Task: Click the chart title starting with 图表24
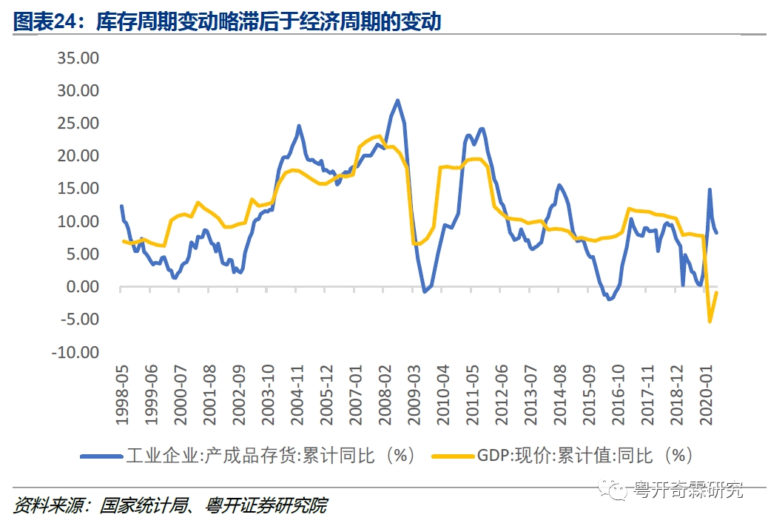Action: [x=227, y=21]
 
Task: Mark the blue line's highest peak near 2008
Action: [x=397, y=100]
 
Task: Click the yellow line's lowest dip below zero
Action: [x=710, y=321]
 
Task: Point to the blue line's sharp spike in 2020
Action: [x=710, y=190]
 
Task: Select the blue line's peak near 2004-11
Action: [x=299, y=126]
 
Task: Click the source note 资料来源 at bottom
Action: [x=169, y=506]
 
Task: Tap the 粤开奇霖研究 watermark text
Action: [x=688, y=489]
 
